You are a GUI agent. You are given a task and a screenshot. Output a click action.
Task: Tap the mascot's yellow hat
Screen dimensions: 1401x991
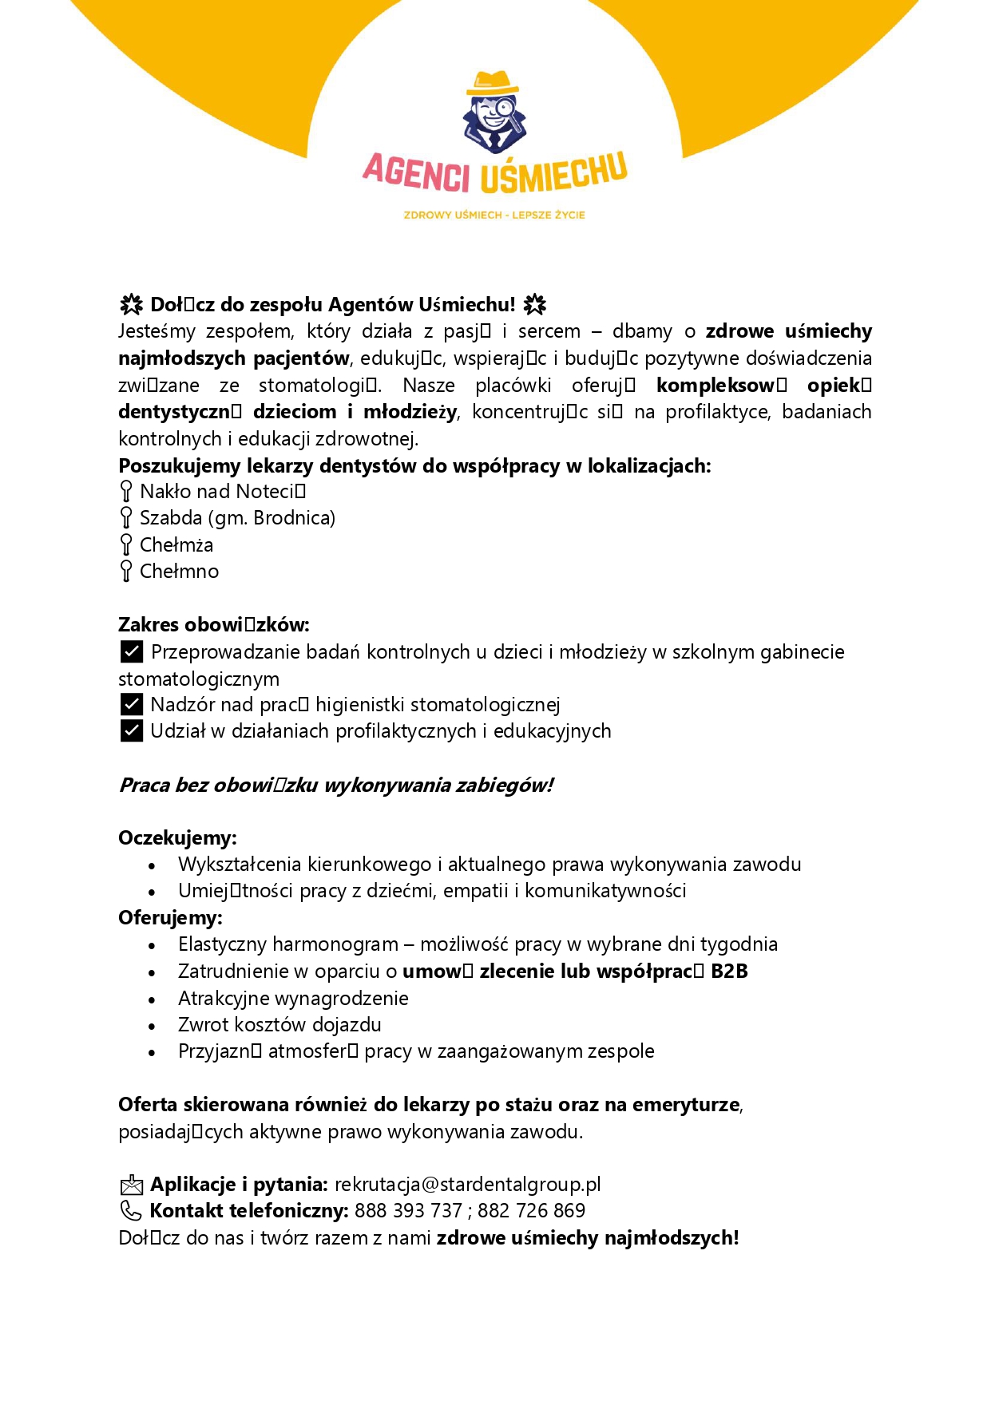(492, 82)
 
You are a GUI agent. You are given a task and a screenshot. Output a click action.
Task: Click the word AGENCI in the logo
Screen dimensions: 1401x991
(416, 173)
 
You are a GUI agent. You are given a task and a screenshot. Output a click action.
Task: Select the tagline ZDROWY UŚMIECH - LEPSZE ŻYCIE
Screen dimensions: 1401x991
(494, 215)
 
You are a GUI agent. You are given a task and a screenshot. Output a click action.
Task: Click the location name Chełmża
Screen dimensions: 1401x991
(176, 545)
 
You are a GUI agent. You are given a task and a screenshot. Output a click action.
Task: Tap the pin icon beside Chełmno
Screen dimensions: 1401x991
(126, 571)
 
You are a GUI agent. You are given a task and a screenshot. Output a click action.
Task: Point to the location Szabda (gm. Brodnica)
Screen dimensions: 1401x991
(237, 518)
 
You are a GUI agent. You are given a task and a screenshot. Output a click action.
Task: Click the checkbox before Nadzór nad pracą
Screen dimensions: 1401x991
(132, 704)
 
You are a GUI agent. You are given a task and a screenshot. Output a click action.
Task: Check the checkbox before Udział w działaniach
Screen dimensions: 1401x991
(132, 730)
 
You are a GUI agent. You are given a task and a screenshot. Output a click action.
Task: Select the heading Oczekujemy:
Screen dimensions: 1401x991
(177, 838)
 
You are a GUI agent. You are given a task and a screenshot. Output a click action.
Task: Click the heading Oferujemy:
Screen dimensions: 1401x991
(170, 918)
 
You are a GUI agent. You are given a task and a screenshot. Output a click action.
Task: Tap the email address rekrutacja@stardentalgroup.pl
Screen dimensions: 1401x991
(467, 1184)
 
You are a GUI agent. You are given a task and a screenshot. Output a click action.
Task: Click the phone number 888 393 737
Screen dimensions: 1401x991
(408, 1211)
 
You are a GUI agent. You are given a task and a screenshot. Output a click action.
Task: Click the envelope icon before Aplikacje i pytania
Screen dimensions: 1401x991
(131, 1185)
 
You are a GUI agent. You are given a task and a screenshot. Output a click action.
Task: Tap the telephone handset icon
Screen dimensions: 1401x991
(130, 1211)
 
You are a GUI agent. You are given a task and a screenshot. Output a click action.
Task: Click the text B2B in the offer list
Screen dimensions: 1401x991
(728, 972)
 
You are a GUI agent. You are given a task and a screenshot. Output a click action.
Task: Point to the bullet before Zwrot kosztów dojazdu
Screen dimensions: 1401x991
(152, 1026)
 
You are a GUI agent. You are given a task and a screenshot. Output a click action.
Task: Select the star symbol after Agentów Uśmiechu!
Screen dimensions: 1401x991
(534, 305)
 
